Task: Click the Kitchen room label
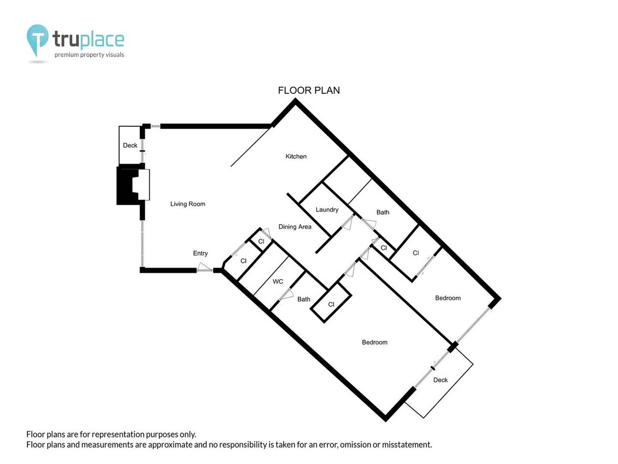(x=295, y=156)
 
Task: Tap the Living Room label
(x=187, y=204)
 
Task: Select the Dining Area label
(x=295, y=227)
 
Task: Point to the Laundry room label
(x=326, y=210)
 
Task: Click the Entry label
(x=200, y=253)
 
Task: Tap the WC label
(x=278, y=281)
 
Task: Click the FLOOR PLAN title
(x=309, y=90)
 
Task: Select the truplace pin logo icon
(x=37, y=41)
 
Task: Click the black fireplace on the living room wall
(x=128, y=186)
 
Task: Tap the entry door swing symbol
(x=204, y=267)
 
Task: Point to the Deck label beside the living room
(x=130, y=145)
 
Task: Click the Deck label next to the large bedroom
(x=440, y=380)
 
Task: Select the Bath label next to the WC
(x=304, y=299)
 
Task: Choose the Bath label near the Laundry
(x=382, y=212)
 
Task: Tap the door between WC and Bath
(x=286, y=295)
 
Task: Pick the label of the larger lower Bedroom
(x=375, y=342)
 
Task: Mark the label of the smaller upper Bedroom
(x=448, y=298)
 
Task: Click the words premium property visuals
(x=89, y=55)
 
